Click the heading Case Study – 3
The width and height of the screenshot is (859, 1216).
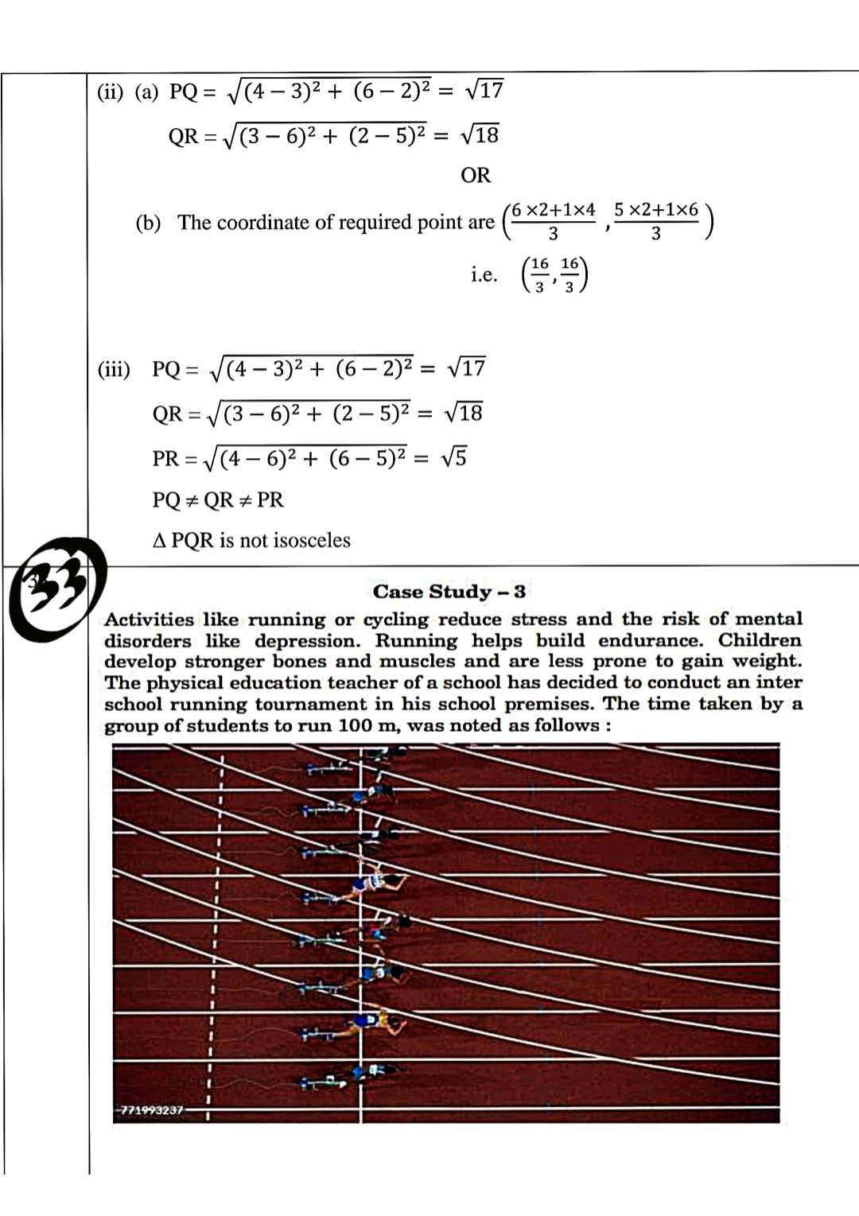coord(449,592)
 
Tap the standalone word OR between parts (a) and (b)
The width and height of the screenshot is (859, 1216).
coord(476,175)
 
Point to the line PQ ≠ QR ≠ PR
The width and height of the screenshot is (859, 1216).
coord(218,500)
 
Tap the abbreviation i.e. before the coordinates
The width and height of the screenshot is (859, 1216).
coord(484,275)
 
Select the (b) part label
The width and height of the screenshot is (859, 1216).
coord(148,223)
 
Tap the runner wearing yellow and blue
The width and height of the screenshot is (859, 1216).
coord(374,1022)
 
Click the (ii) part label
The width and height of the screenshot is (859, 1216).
coord(111,92)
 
